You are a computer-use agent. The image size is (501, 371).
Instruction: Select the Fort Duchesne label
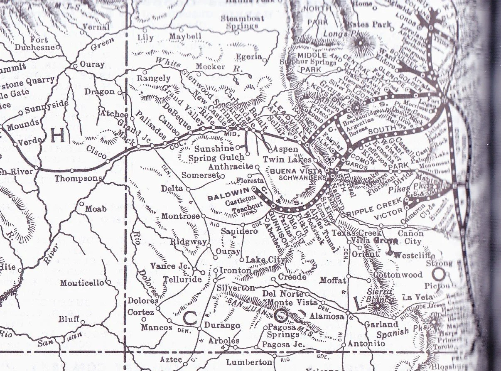[35, 44]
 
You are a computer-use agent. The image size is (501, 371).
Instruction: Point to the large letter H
[58, 135]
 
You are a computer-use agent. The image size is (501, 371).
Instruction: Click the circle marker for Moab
[82, 204]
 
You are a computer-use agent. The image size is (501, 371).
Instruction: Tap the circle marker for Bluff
[83, 322]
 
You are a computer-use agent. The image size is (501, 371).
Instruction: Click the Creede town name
[292, 277]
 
